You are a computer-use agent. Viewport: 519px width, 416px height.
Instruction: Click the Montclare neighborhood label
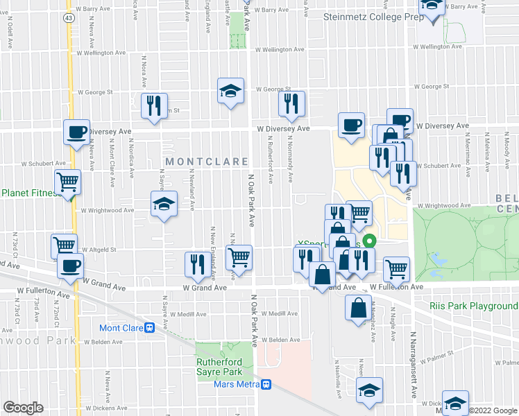[207, 162]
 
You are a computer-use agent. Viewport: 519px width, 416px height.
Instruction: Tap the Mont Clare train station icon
[148, 328]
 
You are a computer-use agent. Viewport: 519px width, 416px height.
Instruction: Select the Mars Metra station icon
[266, 384]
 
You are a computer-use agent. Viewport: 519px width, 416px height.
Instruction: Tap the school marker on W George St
[230, 90]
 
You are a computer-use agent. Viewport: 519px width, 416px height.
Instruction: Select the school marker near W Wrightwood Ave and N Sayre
[164, 204]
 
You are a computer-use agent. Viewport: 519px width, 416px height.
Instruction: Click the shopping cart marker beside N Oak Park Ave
[239, 257]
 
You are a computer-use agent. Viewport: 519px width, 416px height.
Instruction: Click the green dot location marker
[370, 242]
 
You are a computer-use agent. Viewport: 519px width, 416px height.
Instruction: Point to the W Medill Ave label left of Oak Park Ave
[188, 314]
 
